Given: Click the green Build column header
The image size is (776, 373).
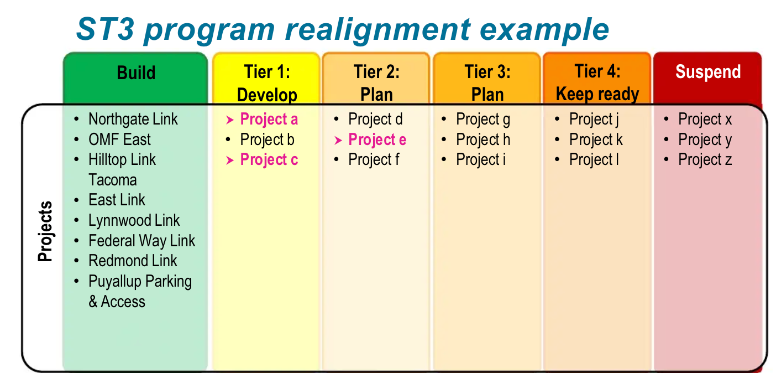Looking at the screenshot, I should coord(136,73).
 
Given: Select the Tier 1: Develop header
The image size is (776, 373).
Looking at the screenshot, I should coord(267,83).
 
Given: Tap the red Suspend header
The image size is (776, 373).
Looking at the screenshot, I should coord(707,72).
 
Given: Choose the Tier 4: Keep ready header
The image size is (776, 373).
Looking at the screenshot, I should coord(597,83).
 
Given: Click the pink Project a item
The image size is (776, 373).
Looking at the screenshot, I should coord(269,120).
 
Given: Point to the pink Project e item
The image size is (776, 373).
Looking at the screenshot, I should coord(377,140).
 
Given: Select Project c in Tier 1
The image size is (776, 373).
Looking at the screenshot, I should coord(269,160).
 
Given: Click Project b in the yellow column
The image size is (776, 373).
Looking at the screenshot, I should coord(267,140).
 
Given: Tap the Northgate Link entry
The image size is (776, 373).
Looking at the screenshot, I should coord(133,120).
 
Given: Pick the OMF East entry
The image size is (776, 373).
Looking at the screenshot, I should coord(119,139).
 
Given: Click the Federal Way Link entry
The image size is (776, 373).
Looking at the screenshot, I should coord(141,241).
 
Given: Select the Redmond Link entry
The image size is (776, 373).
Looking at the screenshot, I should coord(133,261).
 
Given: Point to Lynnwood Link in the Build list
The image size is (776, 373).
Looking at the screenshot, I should coord(134,220).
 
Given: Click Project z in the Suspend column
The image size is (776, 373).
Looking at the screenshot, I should coord(705,160).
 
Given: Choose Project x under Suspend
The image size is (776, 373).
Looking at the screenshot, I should coord(705,120).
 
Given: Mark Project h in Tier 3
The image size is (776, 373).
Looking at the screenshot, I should coord(483,140).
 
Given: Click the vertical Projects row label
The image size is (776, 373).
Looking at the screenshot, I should coord(45,231).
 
